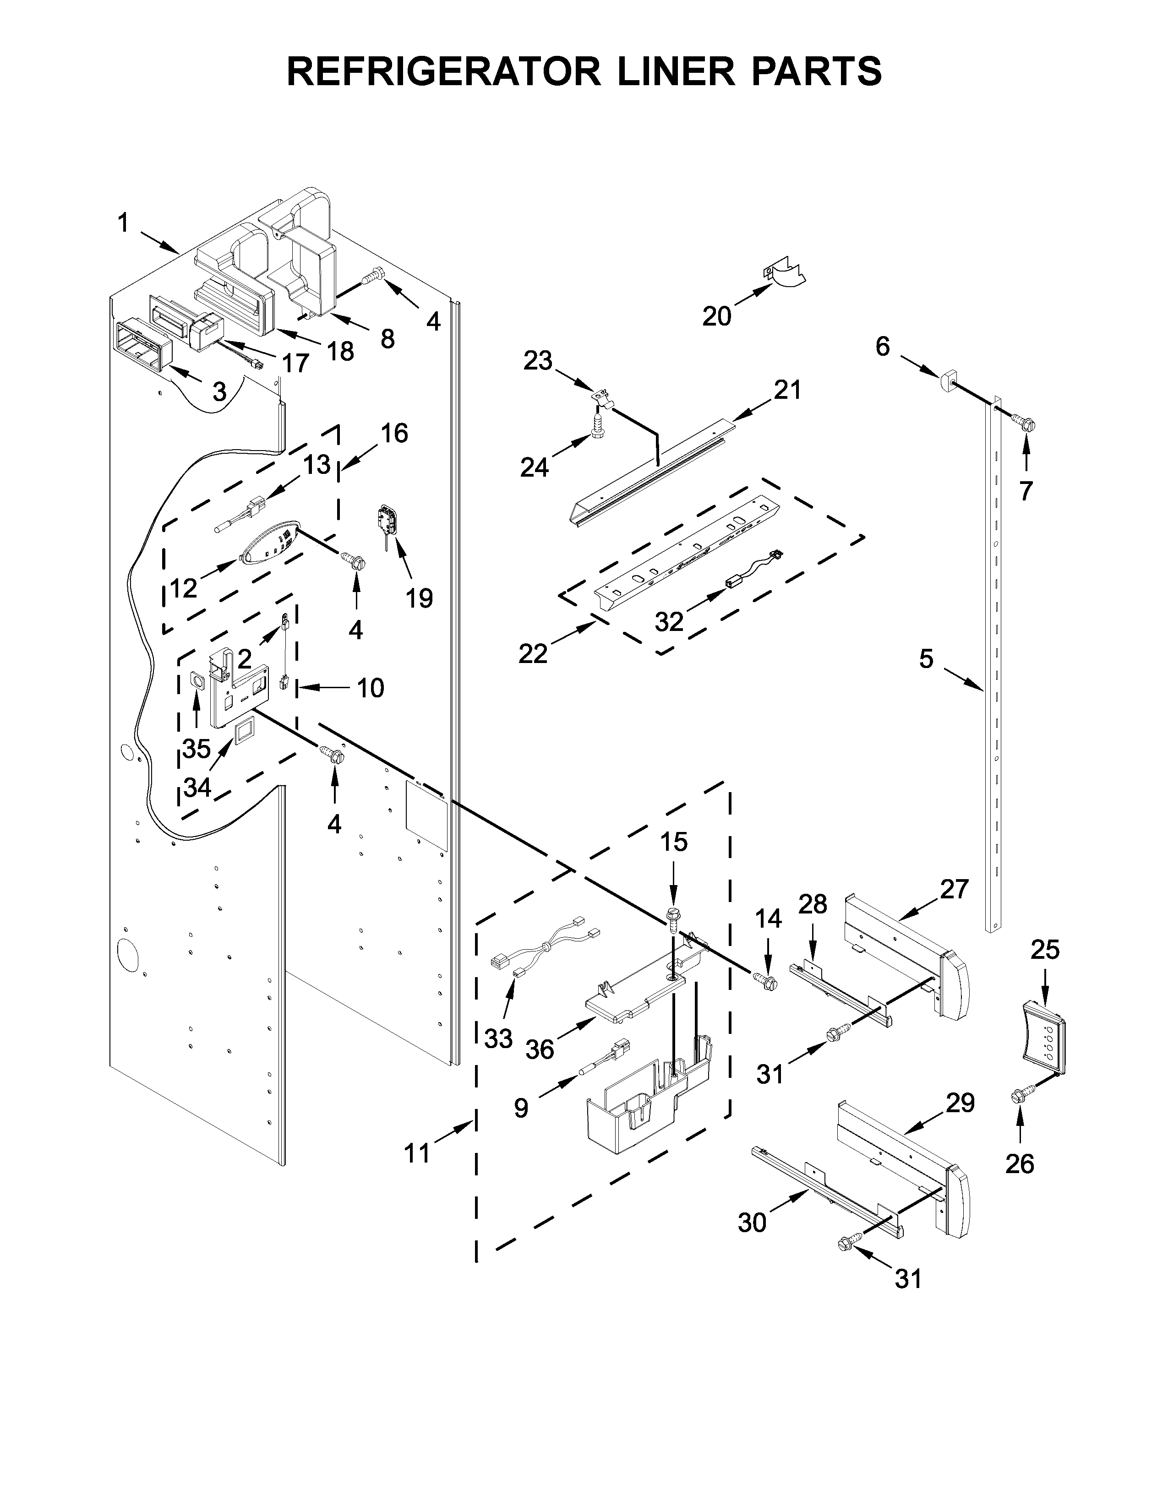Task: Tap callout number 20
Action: click(717, 316)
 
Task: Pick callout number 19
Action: click(419, 597)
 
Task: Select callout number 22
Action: click(533, 653)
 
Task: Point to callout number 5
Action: click(927, 658)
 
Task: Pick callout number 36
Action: click(540, 1049)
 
